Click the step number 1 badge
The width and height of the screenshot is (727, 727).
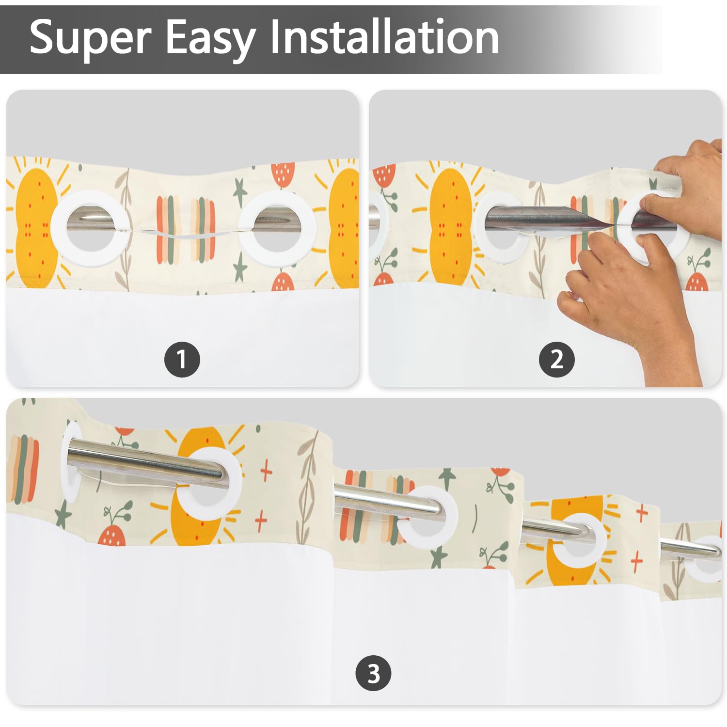pos(182,359)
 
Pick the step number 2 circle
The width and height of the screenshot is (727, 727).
pos(557,359)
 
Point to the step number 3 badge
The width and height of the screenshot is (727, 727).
pos(373,673)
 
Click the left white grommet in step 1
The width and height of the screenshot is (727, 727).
pos(90,228)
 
